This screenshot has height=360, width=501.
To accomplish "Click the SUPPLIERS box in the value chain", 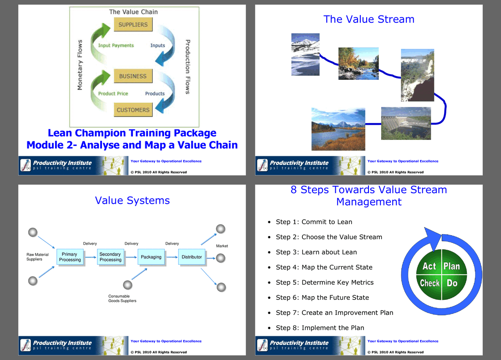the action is coord(133,24).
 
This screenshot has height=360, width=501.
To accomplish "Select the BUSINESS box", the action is coord(133,76).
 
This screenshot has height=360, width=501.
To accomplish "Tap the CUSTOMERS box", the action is coord(133,110).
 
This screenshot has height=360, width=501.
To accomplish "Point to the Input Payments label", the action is coord(116,46).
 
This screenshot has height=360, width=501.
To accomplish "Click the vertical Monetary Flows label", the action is coord(80,65).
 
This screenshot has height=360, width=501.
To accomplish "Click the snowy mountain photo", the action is coord(305,54).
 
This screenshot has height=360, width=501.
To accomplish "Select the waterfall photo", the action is coord(417,75).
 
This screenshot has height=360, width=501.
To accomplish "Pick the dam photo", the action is coord(406,123).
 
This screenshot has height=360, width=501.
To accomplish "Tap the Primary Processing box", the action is coord(70,257).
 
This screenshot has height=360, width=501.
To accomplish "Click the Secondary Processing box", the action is coord(111,257).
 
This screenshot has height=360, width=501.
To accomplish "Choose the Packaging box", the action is coord(151,257).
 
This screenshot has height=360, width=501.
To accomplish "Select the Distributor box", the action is coord(192,257).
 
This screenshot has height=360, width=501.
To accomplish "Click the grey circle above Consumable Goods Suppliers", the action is coord(128,285).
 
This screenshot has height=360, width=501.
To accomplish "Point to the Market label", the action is coord(222,246).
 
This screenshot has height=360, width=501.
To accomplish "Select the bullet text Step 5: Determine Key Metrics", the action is coord(325,283).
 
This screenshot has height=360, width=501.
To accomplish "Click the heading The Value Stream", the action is coord(369,19).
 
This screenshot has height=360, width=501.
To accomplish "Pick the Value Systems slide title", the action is coord(132,201).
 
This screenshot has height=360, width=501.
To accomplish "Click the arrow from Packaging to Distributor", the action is coord(172,257).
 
